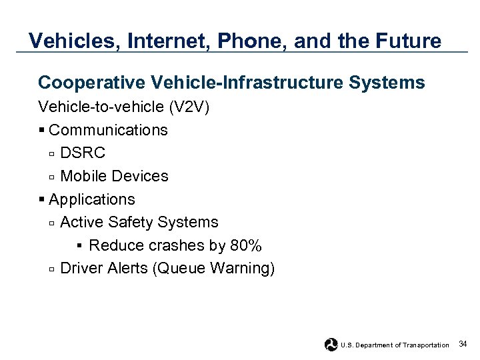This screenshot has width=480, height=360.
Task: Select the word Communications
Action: click(x=108, y=130)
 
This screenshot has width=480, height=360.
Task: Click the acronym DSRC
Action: click(x=83, y=153)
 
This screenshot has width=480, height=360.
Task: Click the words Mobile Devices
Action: click(x=114, y=176)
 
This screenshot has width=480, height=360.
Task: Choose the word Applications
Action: click(x=92, y=199)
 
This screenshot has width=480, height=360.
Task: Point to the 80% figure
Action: click(x=246, y=245)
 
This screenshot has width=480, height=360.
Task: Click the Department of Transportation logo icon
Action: click(x=331, y=345)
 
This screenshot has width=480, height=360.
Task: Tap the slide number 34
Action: click(x=463, y=344)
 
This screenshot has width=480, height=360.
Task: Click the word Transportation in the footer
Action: click(x=426, y=345)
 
